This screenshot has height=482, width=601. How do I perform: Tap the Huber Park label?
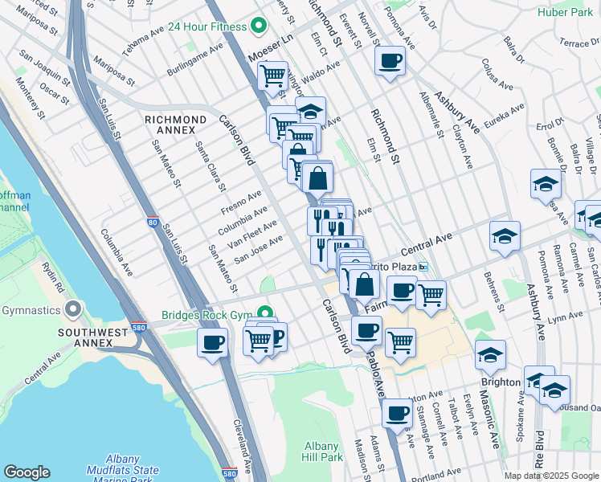click(x=572, y=13)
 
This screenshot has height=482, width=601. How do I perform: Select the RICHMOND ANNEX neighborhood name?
click(x=170, y=125)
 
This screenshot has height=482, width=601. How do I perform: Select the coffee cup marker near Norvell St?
click(x=390, y=61)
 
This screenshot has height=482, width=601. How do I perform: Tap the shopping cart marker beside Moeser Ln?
click(x=273, y=76)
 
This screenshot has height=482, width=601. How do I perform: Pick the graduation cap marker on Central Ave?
click(x=505, y=236)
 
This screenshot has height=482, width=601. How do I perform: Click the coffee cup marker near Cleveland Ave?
click(x=213, y=343)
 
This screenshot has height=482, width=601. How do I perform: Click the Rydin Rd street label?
click(x=55, y=275)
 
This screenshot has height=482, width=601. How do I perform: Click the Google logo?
click(x=27, y=472)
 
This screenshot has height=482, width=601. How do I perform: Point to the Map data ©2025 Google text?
click(x=550, y=476)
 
